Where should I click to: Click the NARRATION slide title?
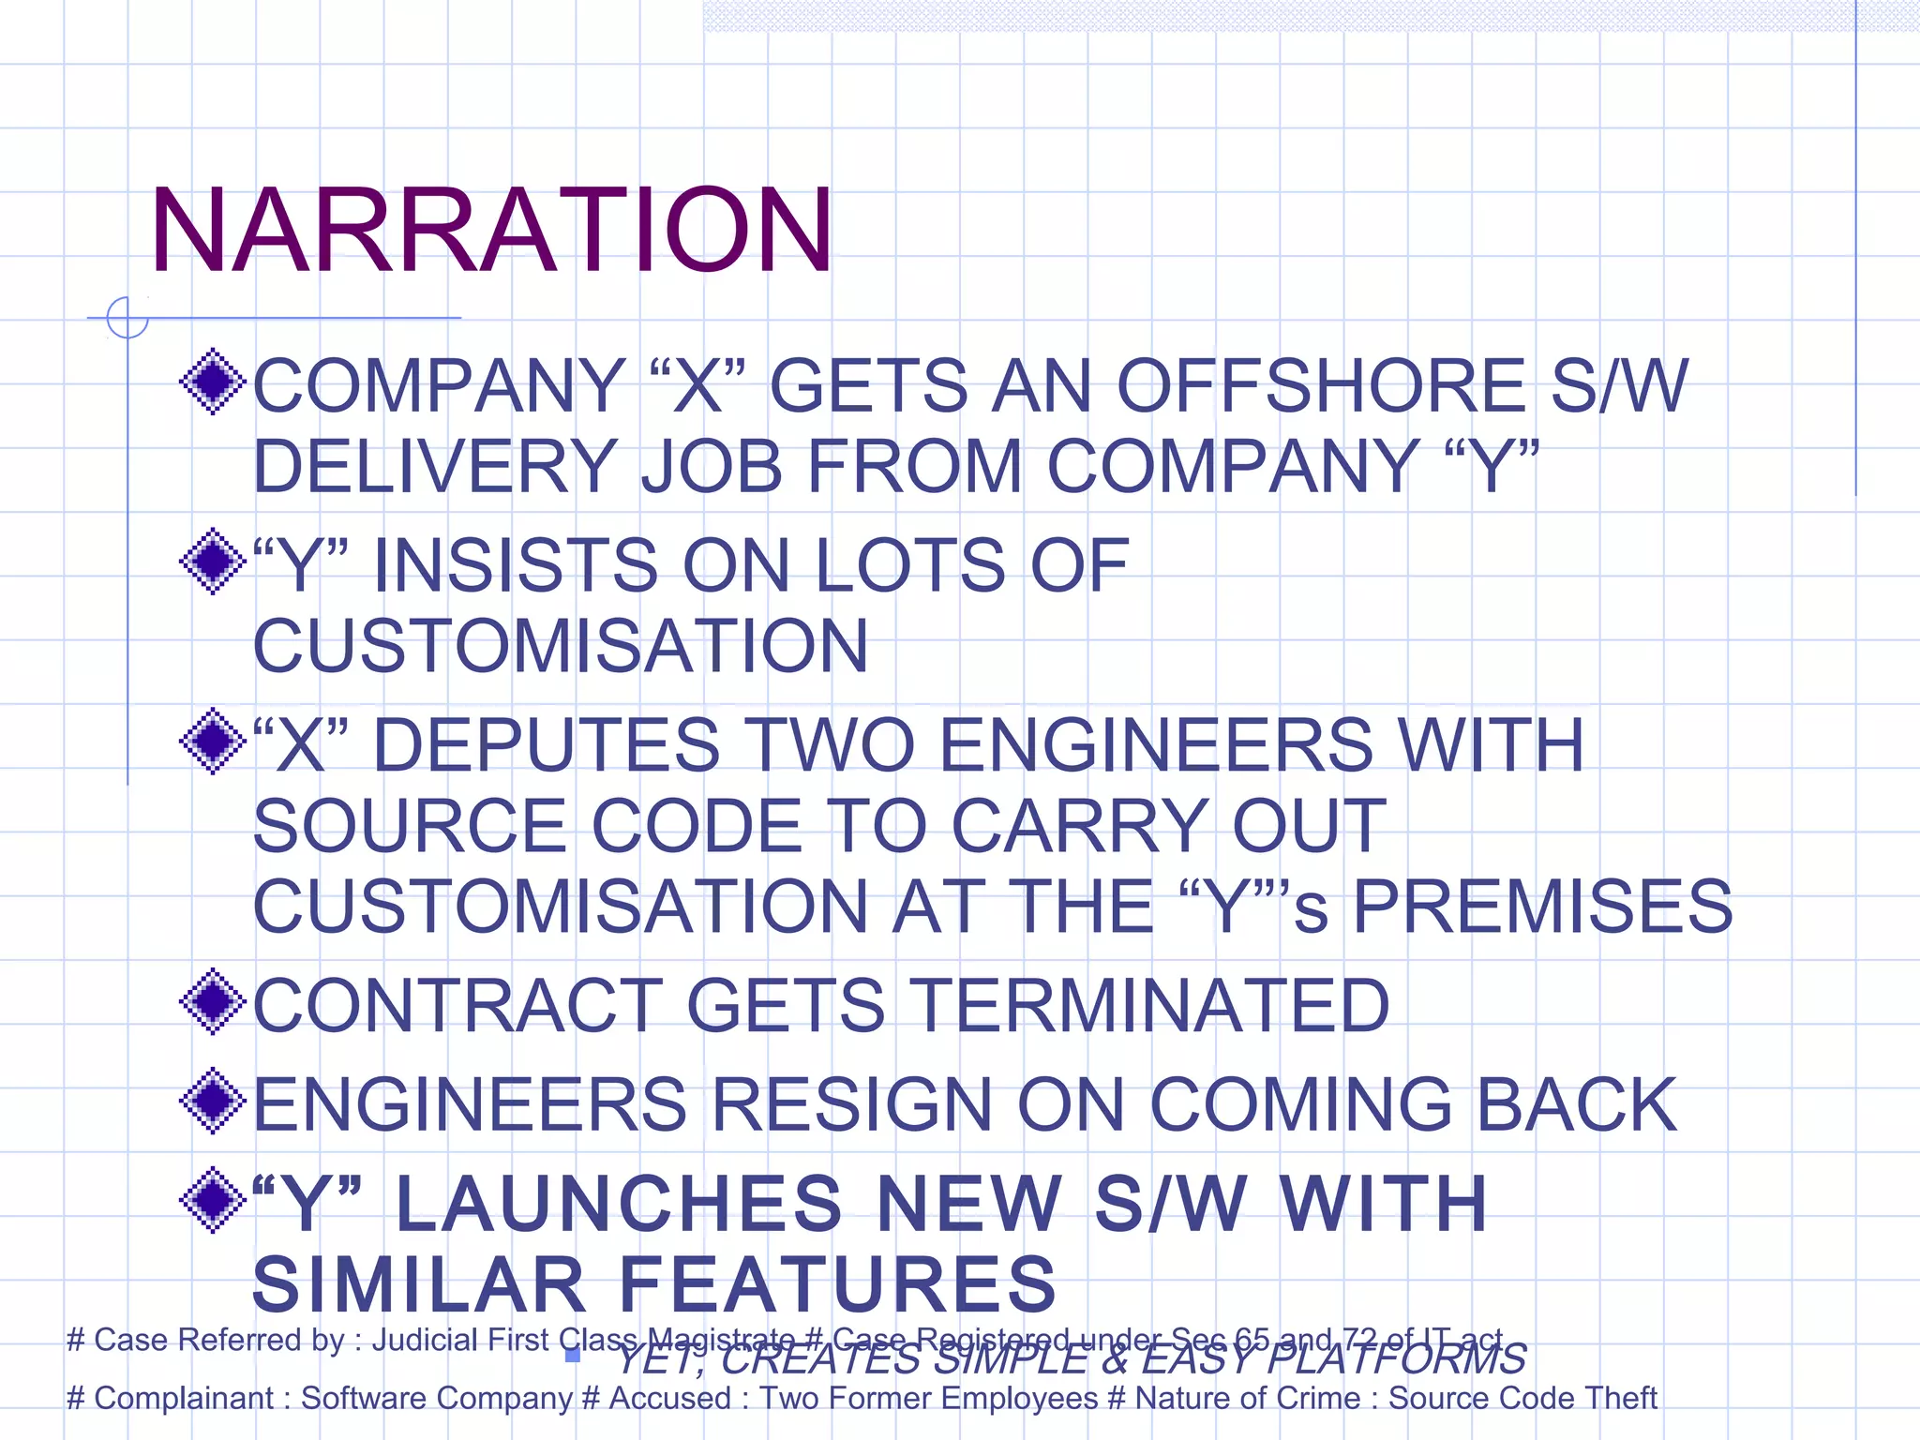point(490,232)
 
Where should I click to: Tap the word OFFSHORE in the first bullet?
point(1321,386)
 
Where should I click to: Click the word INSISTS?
point(516,566)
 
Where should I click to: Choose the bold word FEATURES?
point(837,1285)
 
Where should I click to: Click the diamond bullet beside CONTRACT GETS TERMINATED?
point(213,1002)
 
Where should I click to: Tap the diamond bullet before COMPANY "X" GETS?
point(213,382)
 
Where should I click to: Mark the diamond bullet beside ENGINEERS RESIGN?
point(213,1102)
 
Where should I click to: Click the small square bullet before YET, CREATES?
point(573,1356)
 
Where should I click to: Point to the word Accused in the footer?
point(669,1399)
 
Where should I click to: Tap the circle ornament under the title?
point(127,317)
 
